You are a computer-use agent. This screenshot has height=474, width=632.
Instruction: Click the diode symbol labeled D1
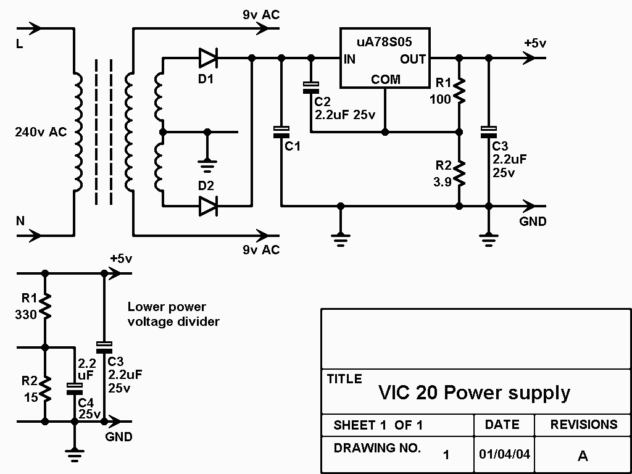(x=208, y=59)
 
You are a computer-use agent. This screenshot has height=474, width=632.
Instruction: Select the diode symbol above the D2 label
(x=208, y=206)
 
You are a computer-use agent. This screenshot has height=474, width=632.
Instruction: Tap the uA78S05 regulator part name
(x=384, y=42)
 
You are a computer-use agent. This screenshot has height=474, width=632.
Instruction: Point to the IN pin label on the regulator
(x=350, y=59)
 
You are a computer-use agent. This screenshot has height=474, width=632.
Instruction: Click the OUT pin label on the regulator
(x=413, y=59)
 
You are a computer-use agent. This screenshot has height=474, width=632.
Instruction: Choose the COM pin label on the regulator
(x=385, y=80)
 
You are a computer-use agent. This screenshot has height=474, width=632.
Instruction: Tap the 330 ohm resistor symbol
(x=44, y=306)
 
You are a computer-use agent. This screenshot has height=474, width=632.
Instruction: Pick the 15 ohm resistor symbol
(x=44, y=389)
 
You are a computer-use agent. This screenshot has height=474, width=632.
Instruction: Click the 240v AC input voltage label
(x=41, y=131)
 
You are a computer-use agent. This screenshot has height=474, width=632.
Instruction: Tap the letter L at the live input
(x=19, y=45)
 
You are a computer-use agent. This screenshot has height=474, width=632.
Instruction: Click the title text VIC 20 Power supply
(x=474, y=393)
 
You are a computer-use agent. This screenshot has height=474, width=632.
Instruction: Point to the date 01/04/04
(x=504, y=454)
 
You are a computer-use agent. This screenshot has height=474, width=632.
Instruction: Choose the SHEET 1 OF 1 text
(x=378, y=425)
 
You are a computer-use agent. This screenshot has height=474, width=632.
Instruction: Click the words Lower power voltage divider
(x=173, y=314)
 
